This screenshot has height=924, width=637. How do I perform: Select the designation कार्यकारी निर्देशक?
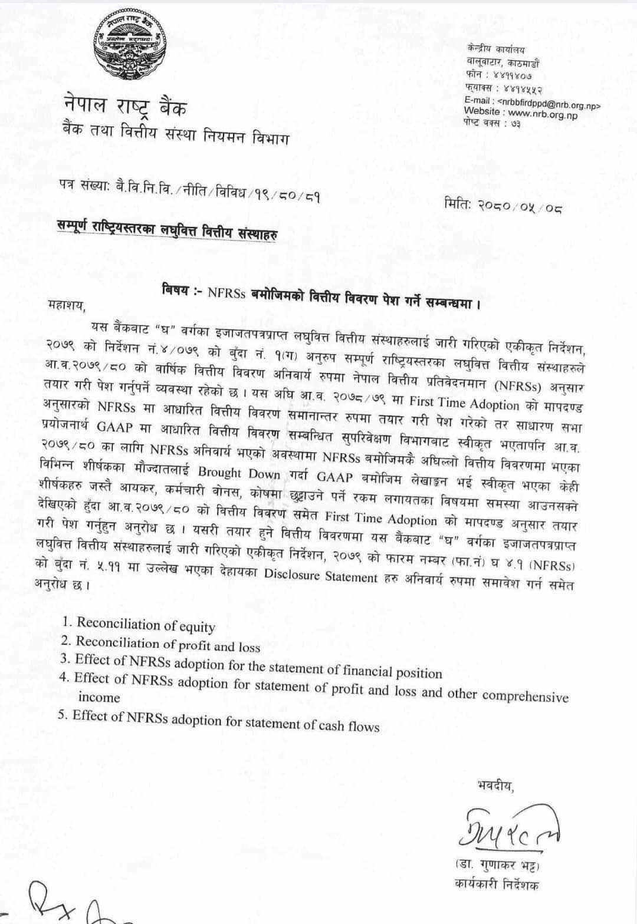(497, 883)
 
